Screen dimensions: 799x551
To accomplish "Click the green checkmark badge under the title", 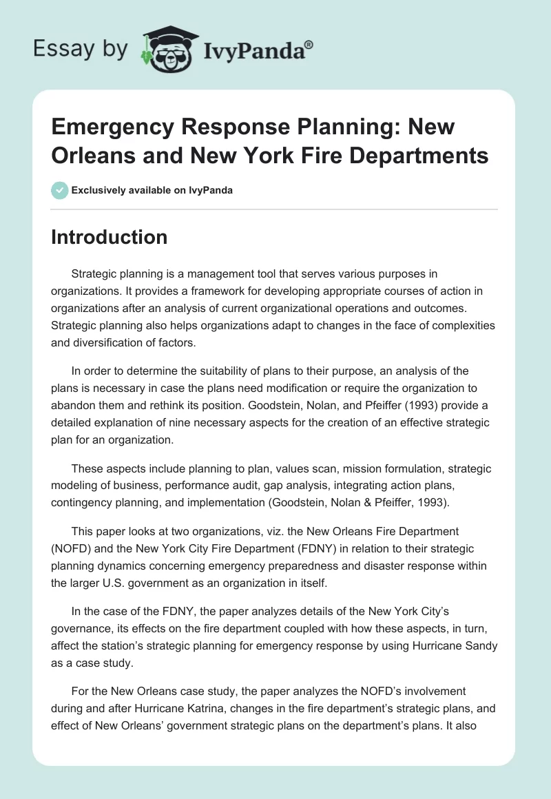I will pyautogui.click(x=60, y=190).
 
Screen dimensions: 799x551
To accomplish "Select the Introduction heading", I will pyautogui.click(x=109, y=237).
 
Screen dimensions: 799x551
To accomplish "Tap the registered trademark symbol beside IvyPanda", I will pyautogui.click(x=309, y=44).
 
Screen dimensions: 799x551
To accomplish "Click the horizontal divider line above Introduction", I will pyautogui.click(x=274, y=209).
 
